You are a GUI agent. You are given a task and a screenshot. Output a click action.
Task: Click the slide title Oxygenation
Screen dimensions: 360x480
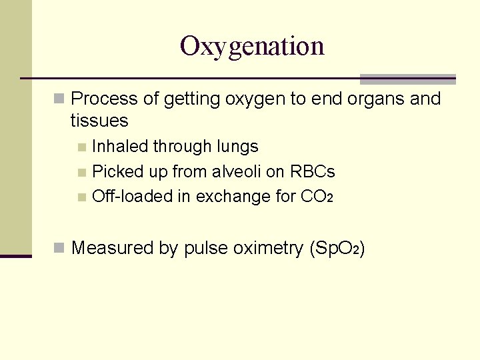[252, 47]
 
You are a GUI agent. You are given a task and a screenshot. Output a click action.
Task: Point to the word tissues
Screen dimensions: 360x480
[99, 121]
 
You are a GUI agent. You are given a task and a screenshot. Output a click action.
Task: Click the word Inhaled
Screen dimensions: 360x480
[121, 147]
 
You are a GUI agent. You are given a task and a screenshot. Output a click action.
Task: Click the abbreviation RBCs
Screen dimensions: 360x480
[312, 172]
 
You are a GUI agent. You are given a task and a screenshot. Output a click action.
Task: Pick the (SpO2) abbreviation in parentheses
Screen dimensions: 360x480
[337, 248]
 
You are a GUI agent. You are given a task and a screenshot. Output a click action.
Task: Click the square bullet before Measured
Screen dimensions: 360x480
[60, 249]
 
